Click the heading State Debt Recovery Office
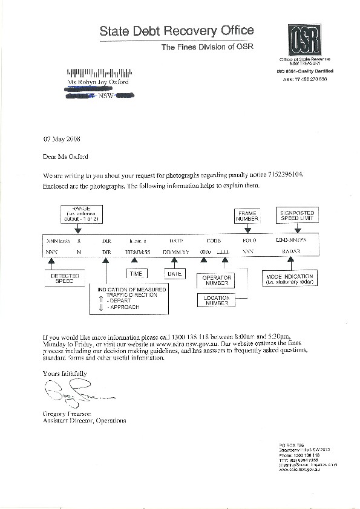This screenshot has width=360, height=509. click(177, 31)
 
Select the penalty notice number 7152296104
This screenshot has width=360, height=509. click(280, 175)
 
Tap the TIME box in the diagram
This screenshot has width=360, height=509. click(136, 274)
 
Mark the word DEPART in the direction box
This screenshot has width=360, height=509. click(118, 300)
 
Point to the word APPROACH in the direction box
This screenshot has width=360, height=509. click(122, 308)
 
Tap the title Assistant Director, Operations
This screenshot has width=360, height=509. click(84, 420)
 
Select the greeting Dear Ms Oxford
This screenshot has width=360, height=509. click(65, 157)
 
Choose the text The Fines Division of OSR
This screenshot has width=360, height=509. click(206, 47)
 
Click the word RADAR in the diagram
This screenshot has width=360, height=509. click(291, 250)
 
